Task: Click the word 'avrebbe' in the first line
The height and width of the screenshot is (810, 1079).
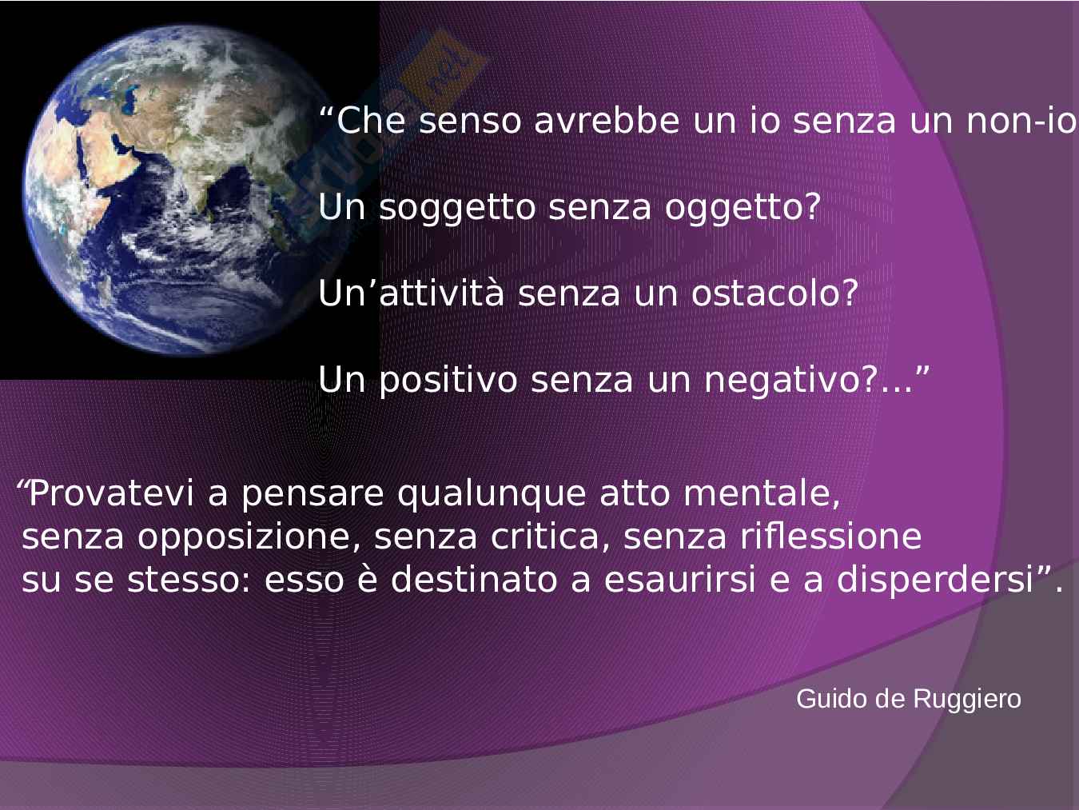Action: click(607, 121)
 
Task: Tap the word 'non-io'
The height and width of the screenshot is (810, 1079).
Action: click(1022, 121)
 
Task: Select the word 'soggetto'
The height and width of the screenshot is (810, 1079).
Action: click(457, 209)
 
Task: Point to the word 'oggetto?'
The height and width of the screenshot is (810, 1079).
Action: click(743, 209)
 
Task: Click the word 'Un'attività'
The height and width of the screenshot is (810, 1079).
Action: click(412, 293)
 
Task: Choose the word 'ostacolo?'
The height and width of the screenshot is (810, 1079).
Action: click(774, 293)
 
